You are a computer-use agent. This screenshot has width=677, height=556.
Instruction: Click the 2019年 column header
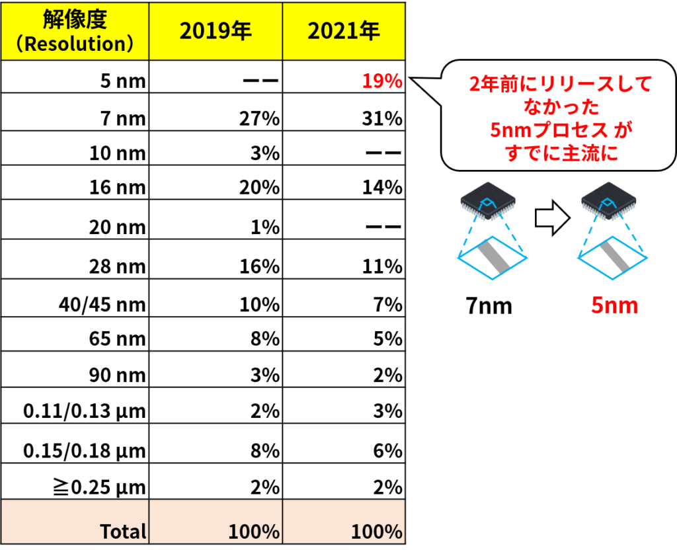[216, 31]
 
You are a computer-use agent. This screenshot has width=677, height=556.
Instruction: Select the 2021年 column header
[344, 31]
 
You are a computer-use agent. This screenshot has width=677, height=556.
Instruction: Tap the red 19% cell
[382, 81]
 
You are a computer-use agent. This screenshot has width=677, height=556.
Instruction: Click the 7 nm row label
[123, 118]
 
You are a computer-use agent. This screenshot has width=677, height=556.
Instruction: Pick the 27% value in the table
[259, 118]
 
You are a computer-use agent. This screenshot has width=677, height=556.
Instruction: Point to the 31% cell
[382, 118]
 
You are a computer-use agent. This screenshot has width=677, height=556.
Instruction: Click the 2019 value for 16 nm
[259, 187]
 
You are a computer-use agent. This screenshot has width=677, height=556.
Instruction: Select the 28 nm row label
[118, 266]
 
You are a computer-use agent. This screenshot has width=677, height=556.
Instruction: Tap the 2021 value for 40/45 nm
[388, 305]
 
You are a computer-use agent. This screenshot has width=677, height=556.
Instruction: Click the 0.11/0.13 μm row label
[85, 411]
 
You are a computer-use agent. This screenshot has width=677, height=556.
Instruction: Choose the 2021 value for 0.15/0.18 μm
[388, 451]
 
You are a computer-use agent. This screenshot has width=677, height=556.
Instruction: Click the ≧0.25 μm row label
[100, 488]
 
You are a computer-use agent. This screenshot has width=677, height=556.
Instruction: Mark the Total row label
[123, 532]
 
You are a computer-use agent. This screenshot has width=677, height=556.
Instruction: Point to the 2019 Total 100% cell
[254, 532]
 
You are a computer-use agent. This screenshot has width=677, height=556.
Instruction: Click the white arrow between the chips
[553, 218]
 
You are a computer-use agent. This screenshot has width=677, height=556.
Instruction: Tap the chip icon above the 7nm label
[488, 201]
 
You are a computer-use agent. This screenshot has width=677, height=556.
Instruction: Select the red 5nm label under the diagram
[614, 305]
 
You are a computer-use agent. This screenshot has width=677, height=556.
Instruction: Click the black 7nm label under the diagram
[489, 305]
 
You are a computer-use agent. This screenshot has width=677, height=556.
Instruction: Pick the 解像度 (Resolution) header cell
[75, 31]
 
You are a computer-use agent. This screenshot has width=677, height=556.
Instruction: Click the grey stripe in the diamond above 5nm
[613, 257]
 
